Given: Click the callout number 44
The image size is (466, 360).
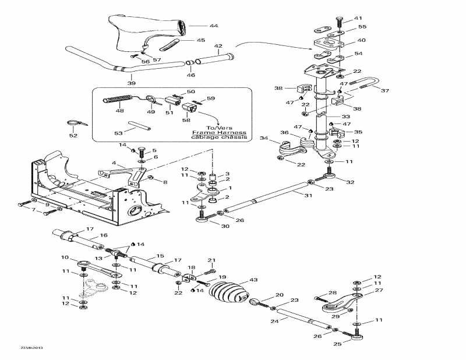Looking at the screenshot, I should [x=197, y=26].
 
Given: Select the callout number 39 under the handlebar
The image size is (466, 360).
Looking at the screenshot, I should [x=132, y=83].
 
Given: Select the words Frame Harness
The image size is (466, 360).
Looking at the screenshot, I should [x=219, y=133].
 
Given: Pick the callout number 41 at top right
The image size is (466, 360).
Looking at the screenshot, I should [x=358, y=18].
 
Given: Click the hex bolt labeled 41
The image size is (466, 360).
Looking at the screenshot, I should [x=339, y=20].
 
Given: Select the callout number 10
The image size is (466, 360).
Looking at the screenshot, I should [x=65, y=257].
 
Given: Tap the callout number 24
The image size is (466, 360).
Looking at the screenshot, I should [x=274, y=321].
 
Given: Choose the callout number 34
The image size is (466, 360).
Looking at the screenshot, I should [x=263, y=138].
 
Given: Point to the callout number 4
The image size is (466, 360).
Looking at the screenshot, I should [x=114, y=163].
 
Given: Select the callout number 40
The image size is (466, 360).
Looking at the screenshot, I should [x=362, y=40].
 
